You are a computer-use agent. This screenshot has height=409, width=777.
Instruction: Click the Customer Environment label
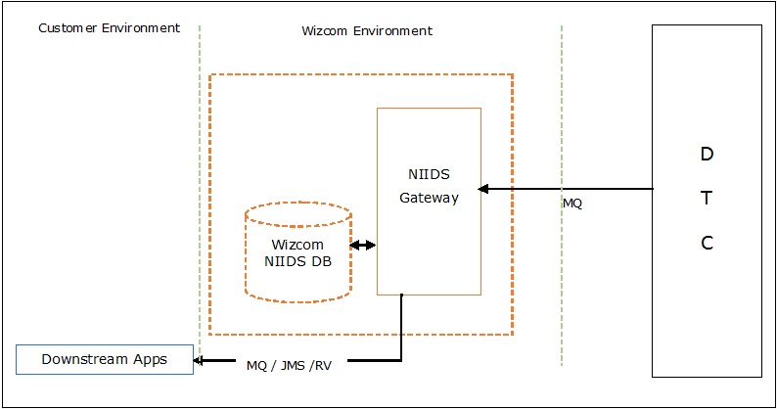coord(109,27)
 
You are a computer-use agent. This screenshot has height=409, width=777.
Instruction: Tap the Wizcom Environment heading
coord(367,31)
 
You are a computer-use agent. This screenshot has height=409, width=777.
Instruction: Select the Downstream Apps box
coord(104,360)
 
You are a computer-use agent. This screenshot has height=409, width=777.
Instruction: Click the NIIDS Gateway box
coord(429,235)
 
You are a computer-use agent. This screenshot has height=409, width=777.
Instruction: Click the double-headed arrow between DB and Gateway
coord(363,246)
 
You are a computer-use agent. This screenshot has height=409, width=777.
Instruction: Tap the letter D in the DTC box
coord(707,154)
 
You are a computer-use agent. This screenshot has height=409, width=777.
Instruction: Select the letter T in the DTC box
coord(707,199)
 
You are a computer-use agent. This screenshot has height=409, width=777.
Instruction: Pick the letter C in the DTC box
coord(707,244)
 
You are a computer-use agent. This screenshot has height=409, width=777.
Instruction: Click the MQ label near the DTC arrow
coord(572,204)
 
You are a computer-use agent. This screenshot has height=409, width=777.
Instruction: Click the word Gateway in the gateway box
coord(429,198)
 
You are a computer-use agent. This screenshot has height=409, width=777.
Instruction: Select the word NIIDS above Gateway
coord(429,175)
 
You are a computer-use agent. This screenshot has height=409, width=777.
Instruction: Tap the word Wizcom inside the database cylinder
coord(297,245)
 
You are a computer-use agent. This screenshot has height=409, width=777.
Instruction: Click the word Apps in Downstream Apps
coord(151,359)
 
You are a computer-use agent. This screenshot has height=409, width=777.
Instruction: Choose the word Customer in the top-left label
coord(69,27)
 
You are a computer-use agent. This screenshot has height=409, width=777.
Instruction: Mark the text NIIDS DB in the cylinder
coord(297,260)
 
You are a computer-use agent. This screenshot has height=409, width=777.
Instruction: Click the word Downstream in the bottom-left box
coord(85,359)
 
